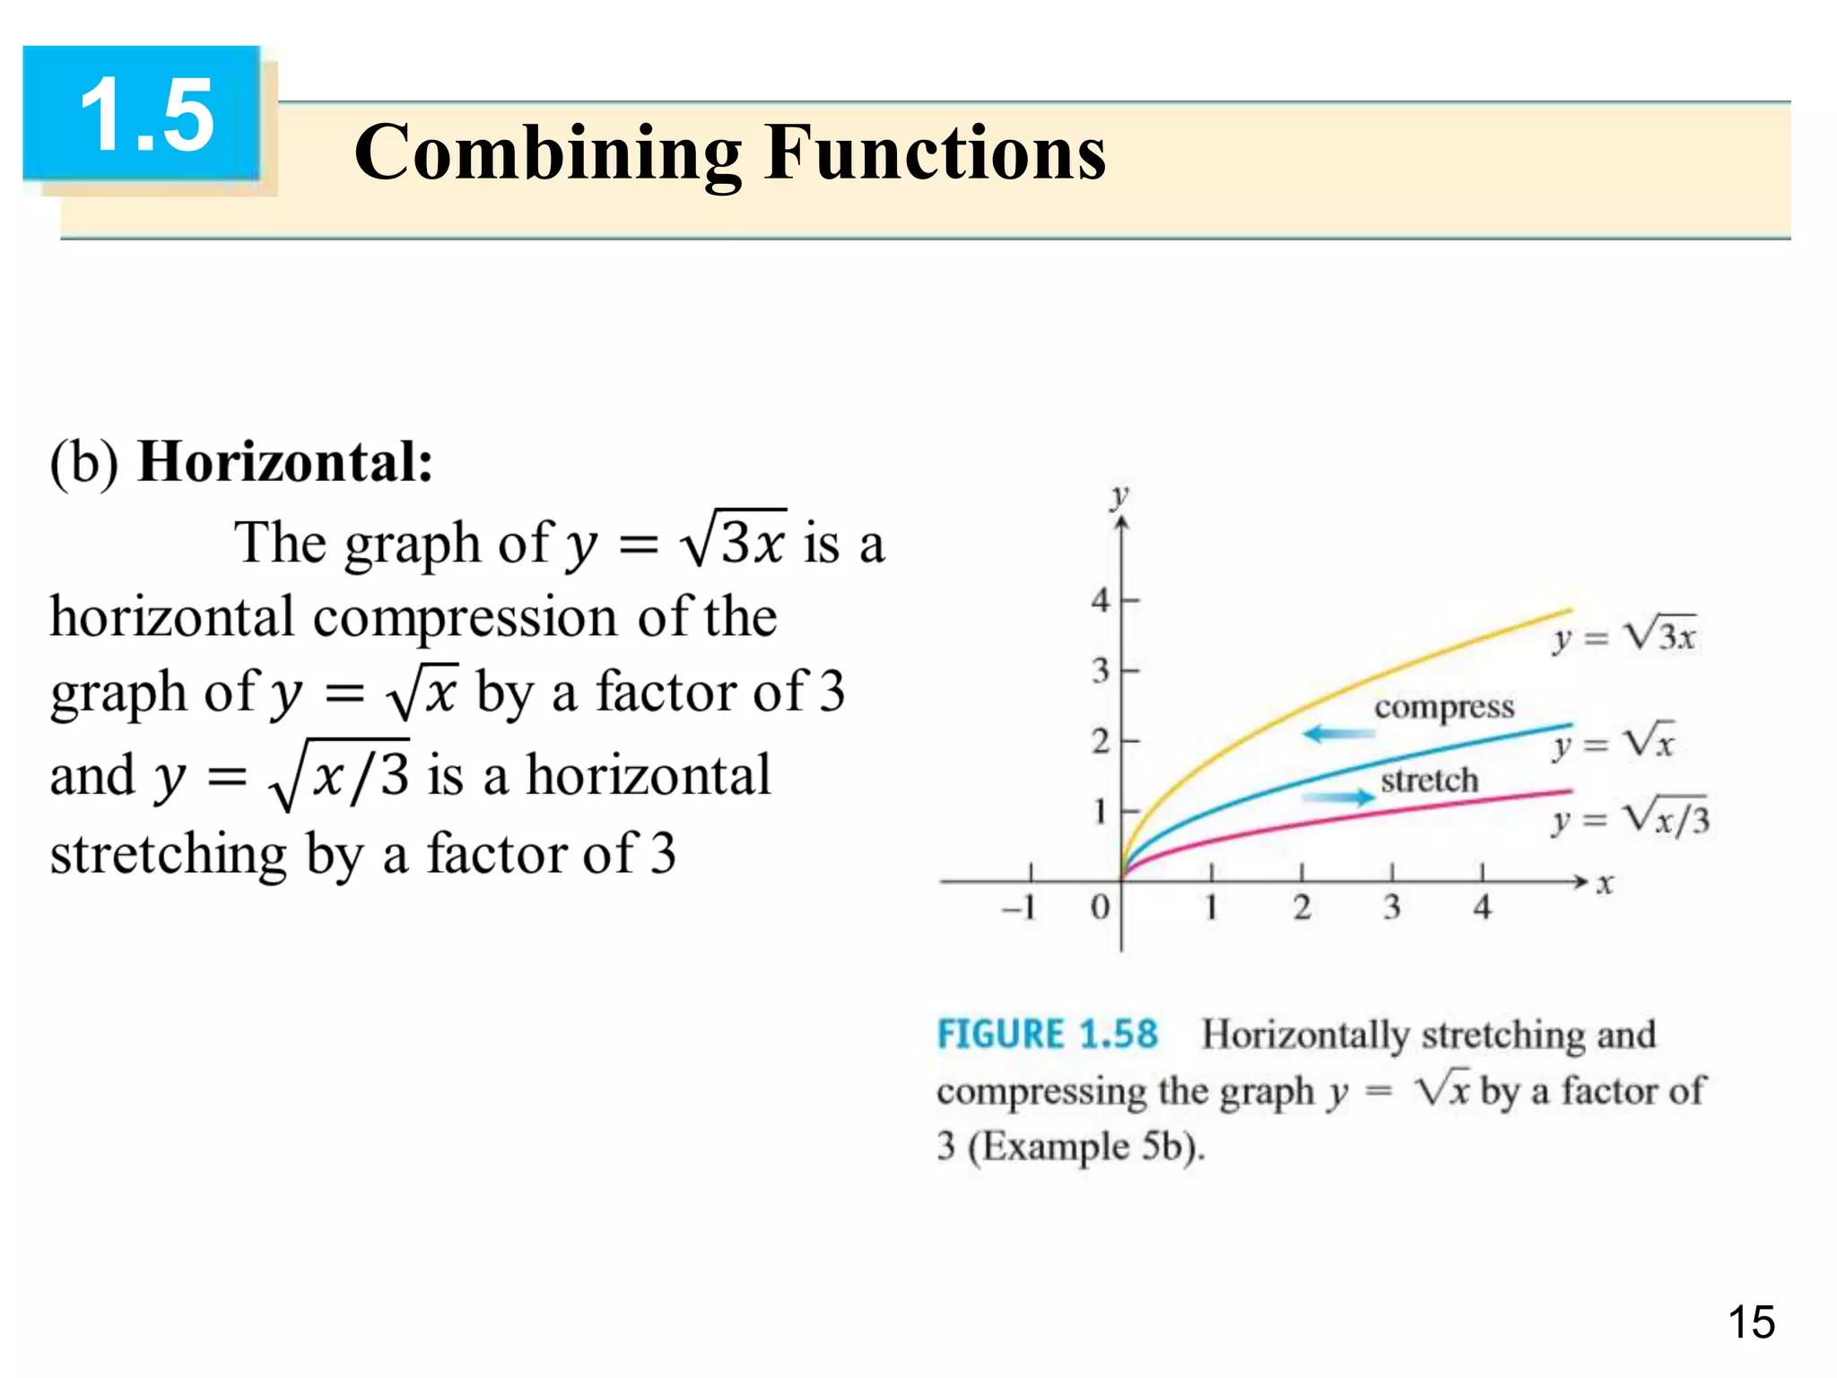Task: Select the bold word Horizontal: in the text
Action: tap(285, 462)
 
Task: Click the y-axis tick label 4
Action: tap(1101, 599)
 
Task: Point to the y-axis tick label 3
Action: tap(1101, 670)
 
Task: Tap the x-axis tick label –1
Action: tap(1019, 908)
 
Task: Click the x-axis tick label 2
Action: tap(1302, 908)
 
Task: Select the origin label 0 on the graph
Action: tap(1100, 908)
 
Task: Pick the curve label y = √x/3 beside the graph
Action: tap(1630, 817)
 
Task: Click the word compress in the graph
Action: tap(1444, 707)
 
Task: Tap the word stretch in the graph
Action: tap(1429, 780)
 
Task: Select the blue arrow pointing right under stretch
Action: tap(1338, 797)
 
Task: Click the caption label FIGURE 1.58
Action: tap(1047, 1034)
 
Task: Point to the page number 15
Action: tap(1750, 1322)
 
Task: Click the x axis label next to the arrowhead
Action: tap(1605, 885)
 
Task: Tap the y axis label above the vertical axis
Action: tap(1119, 496)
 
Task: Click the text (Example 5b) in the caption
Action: tap(1085, 1147)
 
